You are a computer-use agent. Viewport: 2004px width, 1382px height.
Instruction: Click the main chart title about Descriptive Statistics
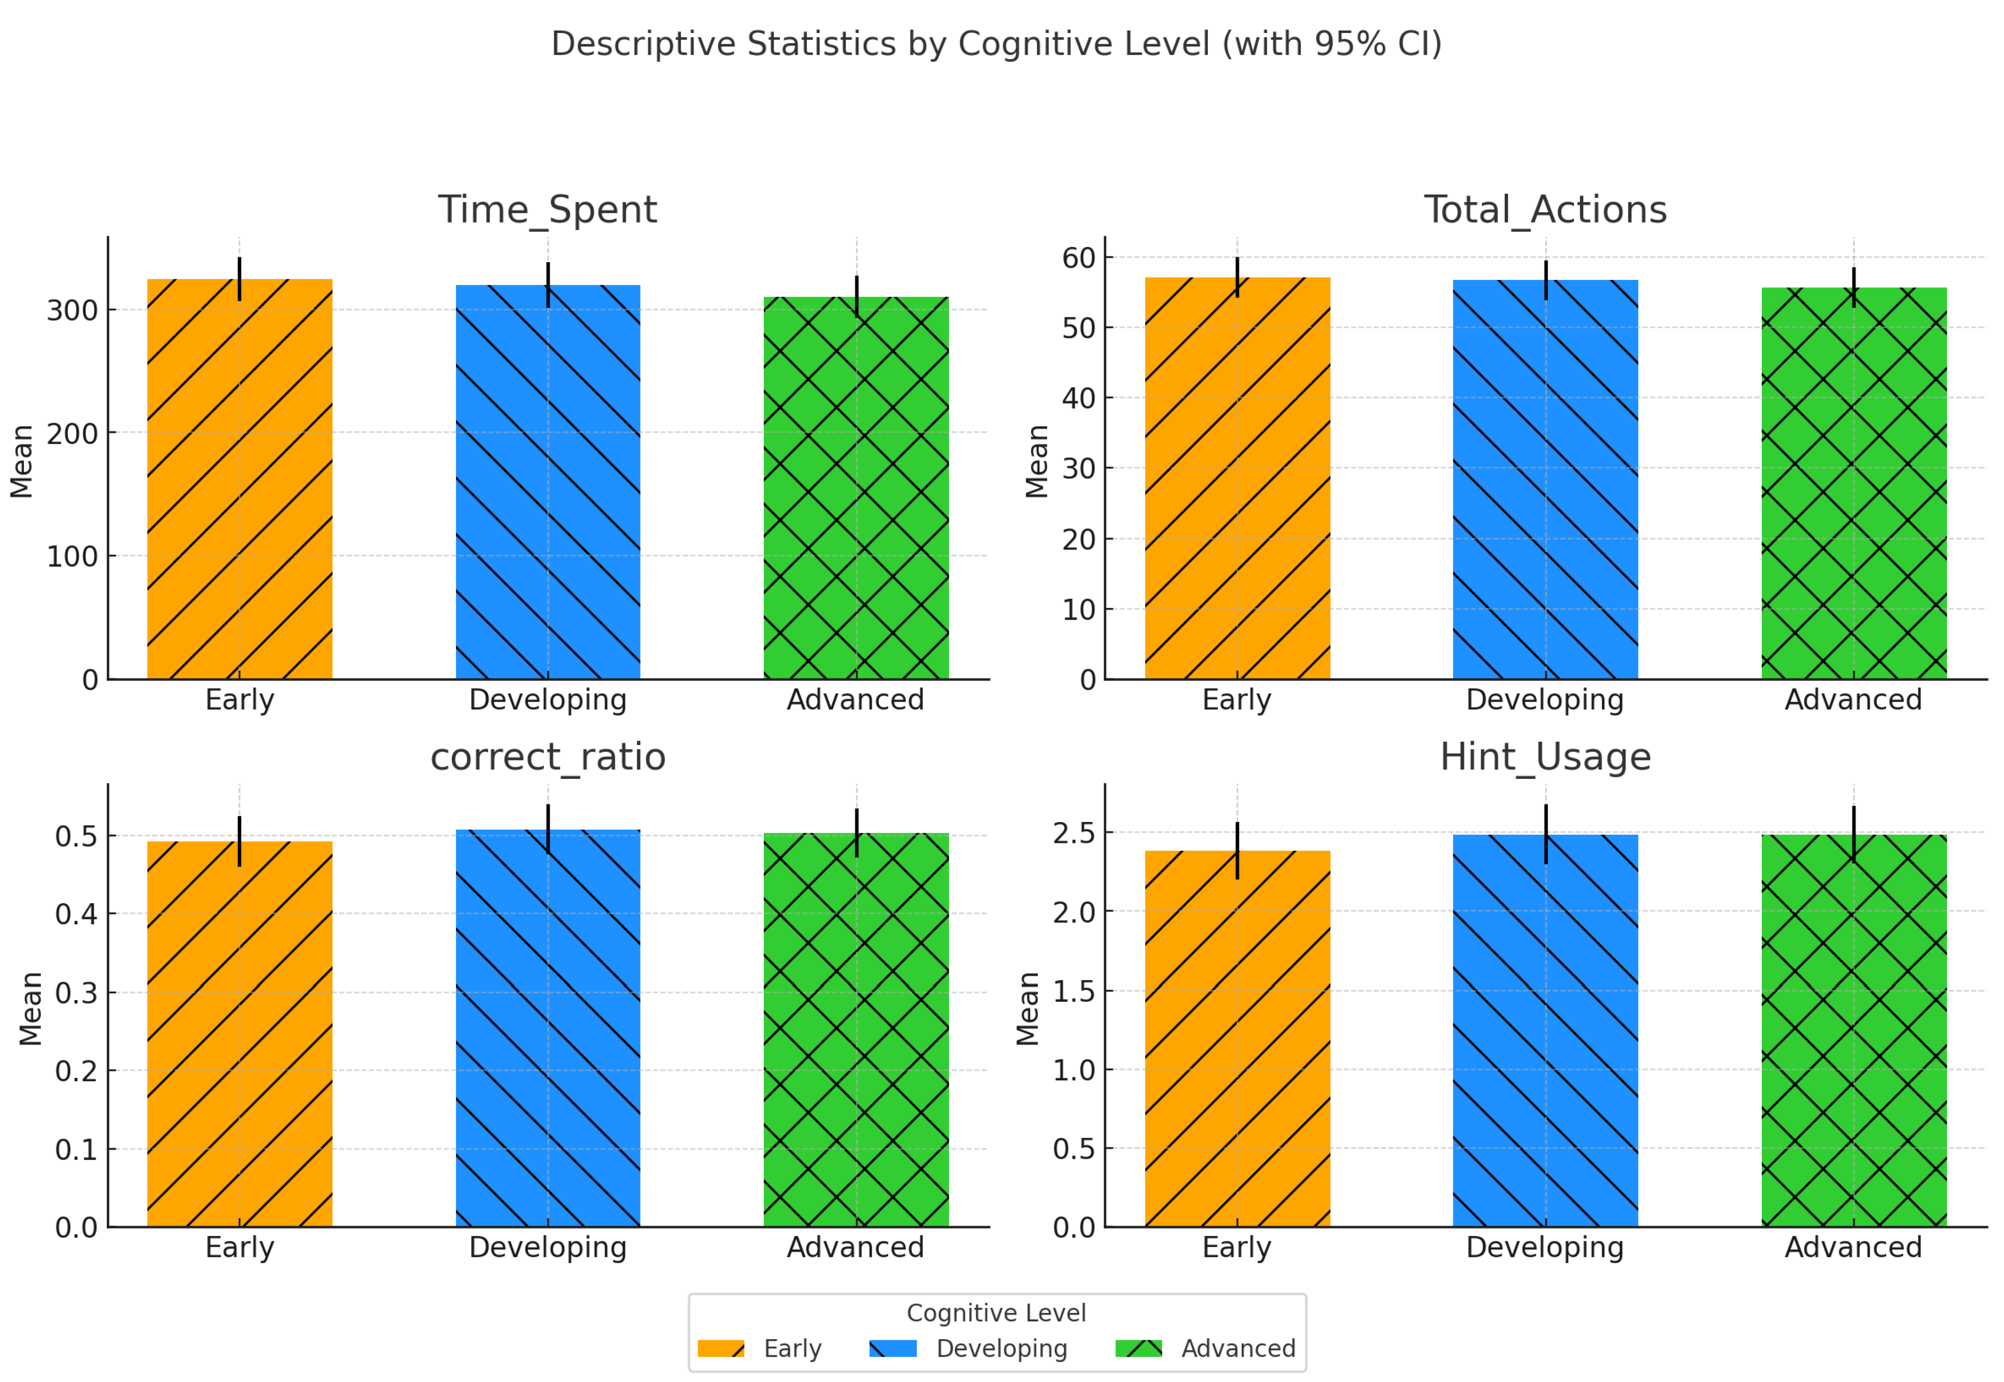click(996, 43)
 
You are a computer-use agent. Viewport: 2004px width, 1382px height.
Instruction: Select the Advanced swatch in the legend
click(1138, 1348)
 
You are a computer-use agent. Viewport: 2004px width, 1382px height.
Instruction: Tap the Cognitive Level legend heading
click(996, 1313)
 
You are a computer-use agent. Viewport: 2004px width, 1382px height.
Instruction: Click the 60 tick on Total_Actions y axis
click(1079, 258)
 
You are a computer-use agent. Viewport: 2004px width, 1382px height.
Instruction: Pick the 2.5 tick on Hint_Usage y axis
click(1073, 833)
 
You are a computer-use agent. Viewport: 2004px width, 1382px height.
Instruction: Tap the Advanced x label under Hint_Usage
click(1854, 1247)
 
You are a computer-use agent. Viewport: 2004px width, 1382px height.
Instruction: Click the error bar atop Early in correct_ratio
click(240, 841)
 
